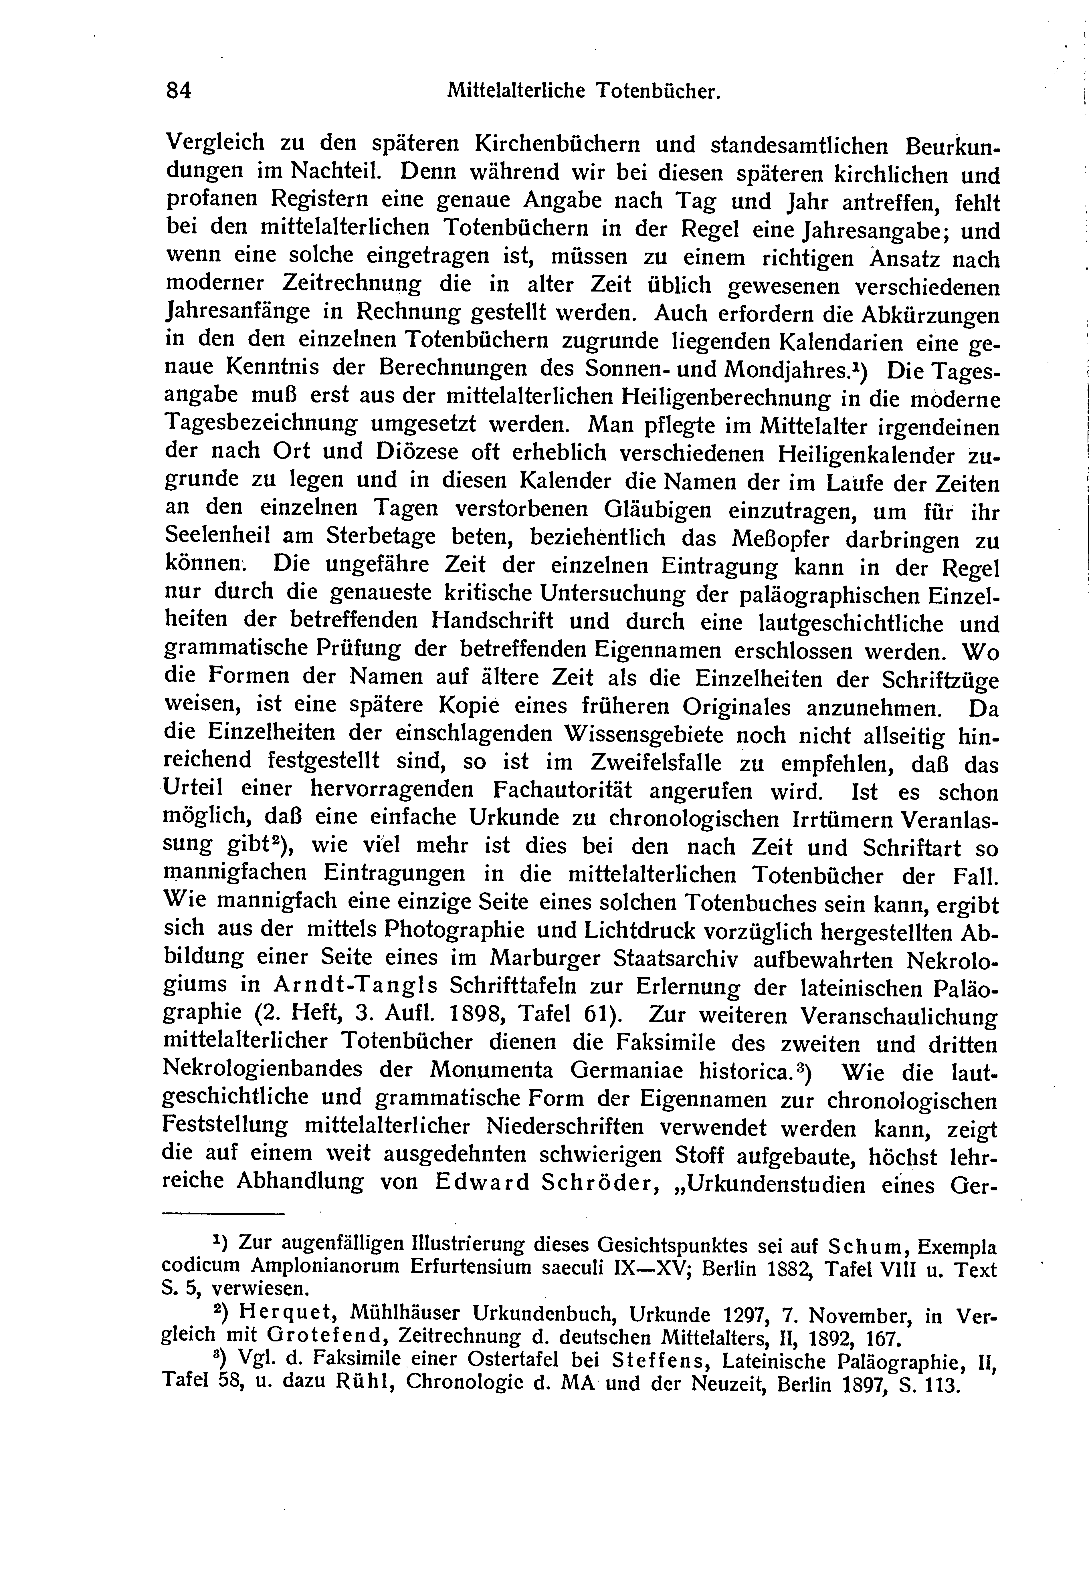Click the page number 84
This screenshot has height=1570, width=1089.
[179, 91]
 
